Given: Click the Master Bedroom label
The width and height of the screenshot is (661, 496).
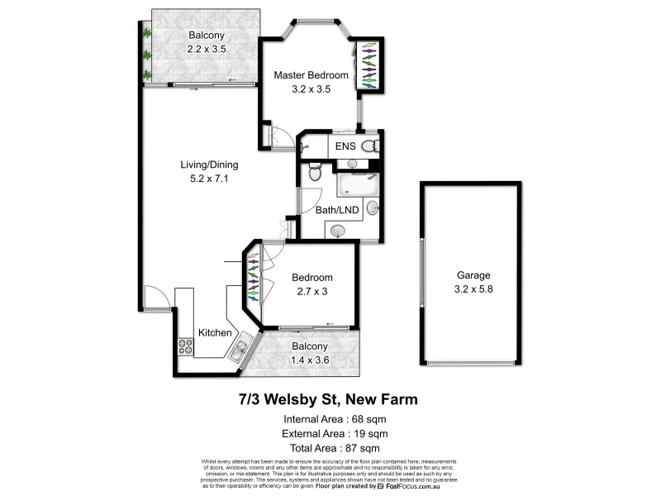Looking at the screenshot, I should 311,75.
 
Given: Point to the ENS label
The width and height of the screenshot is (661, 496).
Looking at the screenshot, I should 345,146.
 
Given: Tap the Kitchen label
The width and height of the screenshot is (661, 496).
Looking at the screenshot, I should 215,332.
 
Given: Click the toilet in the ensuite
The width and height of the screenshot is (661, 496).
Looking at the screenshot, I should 370,146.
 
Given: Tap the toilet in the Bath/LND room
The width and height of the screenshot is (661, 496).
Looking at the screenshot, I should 314,173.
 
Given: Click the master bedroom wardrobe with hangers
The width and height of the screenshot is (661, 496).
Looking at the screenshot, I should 369,65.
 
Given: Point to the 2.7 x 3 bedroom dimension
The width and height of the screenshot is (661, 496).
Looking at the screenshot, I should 311,291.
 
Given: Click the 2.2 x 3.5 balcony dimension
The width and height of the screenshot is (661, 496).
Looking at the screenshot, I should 207,49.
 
